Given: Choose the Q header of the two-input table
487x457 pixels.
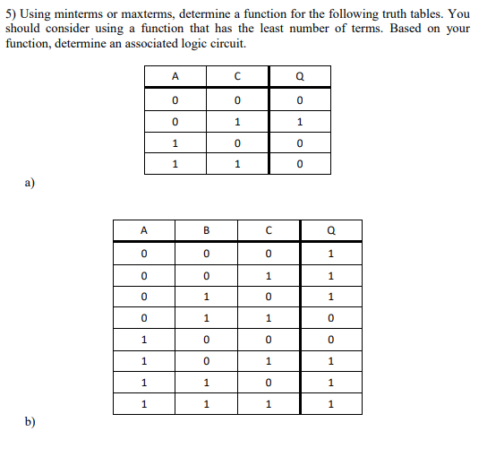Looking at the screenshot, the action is pyautogui.click(x=300, y=76).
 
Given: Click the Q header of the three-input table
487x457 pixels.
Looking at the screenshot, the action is pyautogui.click(x=332, y=229).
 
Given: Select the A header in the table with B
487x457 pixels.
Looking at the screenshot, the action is pyautogui.click(x=144, y=229).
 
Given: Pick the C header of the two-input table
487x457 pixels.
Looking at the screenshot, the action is pyautogui.click(x=237, y=76).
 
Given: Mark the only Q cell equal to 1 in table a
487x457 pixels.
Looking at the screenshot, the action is pyautogui.click(x=300, y=121).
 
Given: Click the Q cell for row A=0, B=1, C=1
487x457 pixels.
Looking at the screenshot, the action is pyautogui.click(x=332, y=317).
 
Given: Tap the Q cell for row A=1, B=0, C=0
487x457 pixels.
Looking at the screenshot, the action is pyautogui.click(x=332, y=340).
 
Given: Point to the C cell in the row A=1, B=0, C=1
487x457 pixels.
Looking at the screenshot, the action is pyautogui.click(x=269, y=361).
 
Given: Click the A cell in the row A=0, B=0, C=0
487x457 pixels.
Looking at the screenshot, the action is pyautogui.click(x=144, y=253).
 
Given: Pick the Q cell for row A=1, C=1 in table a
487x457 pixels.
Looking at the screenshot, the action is pyautogui.click(x=300, y=164).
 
